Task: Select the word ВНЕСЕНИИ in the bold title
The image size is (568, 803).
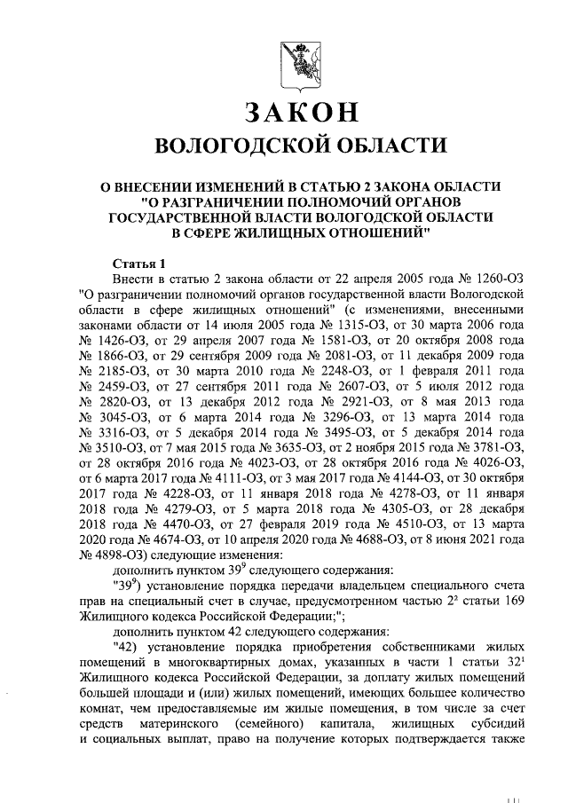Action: pyautogui.click(x=179, y=186)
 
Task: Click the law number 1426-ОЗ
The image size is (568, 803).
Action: pyautogui.click(x=122, y=342)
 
